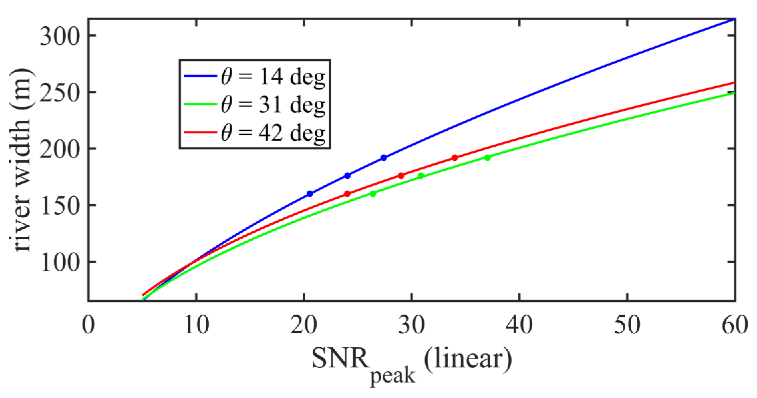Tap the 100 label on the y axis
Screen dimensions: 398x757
[60, 263]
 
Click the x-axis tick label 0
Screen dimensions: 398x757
[88, 325]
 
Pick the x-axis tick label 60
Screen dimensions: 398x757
[735, 325]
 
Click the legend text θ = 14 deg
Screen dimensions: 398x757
[273, 77]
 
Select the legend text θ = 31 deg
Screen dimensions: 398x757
[273, 105]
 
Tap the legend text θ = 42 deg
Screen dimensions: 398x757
[273, 133]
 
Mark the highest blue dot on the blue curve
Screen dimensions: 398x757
[384, 158]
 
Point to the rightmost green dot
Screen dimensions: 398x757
[488, 158]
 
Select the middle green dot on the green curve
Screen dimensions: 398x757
[421, 176]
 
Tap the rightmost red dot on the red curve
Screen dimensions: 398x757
[455, 158]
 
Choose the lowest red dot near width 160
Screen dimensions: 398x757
[347, 194]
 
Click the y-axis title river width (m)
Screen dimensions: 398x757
[20, 160]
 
